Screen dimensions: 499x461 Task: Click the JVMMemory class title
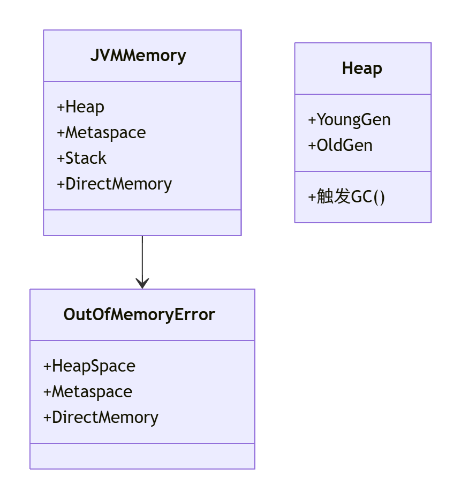pyautogui.click(x=138, y=56)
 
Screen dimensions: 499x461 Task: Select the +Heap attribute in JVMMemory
pyautogui.click(x=80, y=107)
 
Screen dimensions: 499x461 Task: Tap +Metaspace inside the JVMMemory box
pyautogui.click(x=101, y=132)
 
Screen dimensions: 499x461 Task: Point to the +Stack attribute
pyautogui.click(x=81, y=158)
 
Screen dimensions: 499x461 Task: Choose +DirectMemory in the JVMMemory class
pyautogui.click(x=114, y=184)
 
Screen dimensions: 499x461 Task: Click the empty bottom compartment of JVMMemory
pyautogui.click(x=142, y=222)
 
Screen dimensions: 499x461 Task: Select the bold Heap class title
pyautogui.click(x=362, y=69)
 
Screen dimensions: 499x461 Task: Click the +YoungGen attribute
pyautogui.click(x=349, y=119)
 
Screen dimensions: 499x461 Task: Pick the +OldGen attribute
pyautogui.click(x=340, y=145)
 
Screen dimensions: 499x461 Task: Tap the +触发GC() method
pyautogui.click(x=346, y=197)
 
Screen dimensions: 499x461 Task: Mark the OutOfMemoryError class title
pyautogui.click(x=139, y=314)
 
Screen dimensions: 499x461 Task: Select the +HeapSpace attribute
pyautogui.click(x=89, y=366)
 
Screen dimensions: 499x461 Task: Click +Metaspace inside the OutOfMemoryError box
pyautogui.click(x=88, y=391)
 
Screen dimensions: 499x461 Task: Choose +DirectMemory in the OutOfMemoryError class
pyautogui.click(x=101, y=417)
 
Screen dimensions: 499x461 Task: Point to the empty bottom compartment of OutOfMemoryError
pyautogui.click(x=142, y=456)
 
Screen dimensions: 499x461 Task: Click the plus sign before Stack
pyautogui.click(x=61, y=158)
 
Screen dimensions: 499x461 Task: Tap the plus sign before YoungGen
pyautogui.click(x=312, y=120)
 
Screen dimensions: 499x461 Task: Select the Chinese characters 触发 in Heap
pyautogui.click(x=334, y=197)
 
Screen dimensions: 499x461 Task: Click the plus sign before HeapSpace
pyautogui.click(x=47, y=367)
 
